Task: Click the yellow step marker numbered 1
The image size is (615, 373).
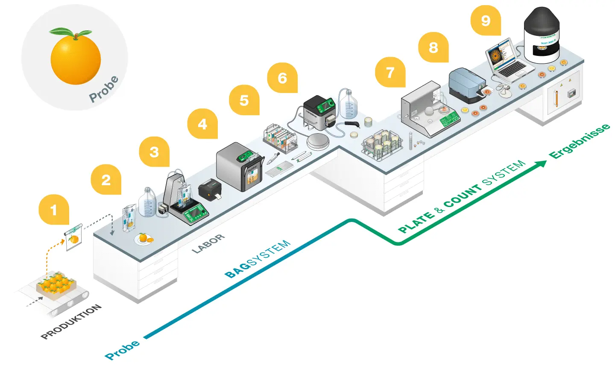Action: tap(54, 210)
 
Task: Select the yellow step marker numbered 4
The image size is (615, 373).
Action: tap(202, 124)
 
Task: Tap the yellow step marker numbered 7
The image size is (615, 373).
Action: tap(390, 73)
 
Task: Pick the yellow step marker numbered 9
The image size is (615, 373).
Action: tap(486, 20)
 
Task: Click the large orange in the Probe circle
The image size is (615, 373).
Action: tap(76, 59)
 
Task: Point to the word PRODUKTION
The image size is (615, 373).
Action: tap(71, 322)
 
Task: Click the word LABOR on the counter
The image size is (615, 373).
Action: tap(208, 244)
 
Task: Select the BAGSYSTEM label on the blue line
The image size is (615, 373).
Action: tap(258, 259)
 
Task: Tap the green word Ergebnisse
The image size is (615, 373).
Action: tap(579, 141)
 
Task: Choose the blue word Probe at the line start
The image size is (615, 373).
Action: tap(122, 350)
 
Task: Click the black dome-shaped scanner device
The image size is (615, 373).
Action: tap(542, 34)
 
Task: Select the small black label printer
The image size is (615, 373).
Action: tap(210, 189)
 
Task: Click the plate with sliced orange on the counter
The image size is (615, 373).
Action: tap(144, 239)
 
